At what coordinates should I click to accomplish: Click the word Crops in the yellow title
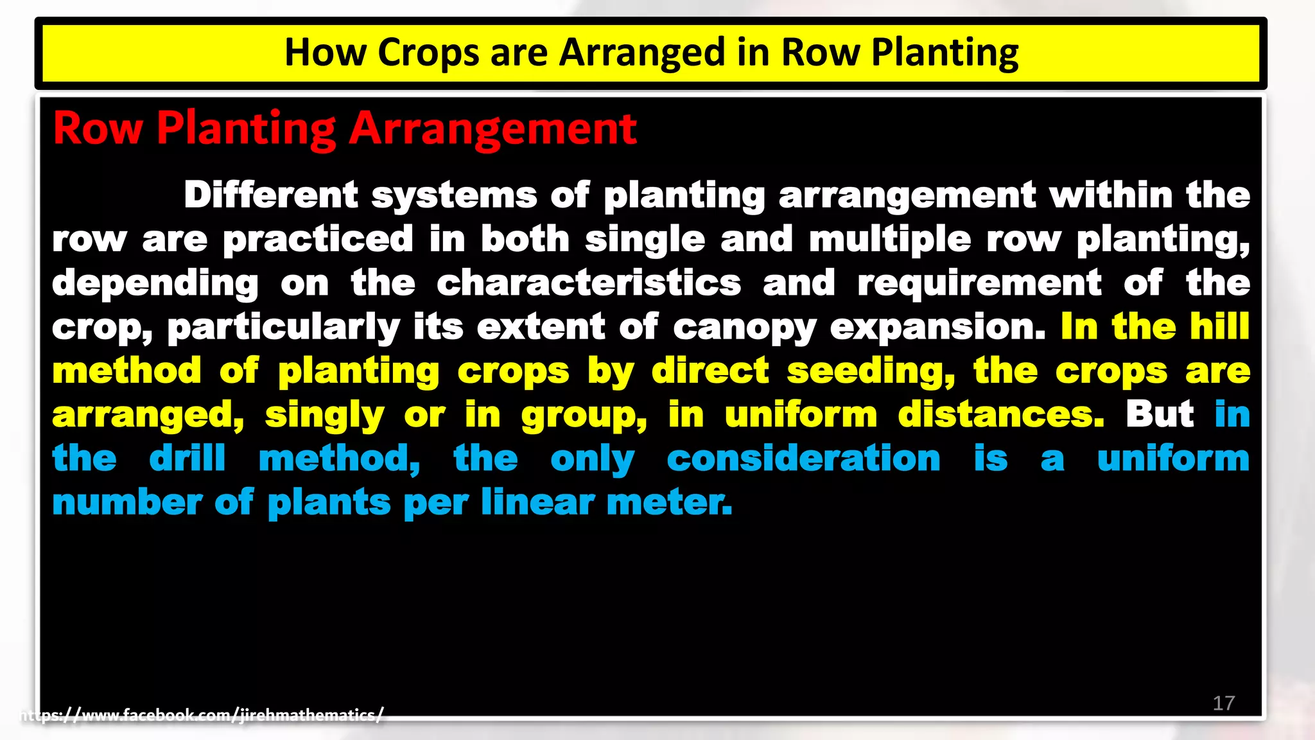(x=428, y=53)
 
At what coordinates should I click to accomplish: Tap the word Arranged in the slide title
(x=641, y=53)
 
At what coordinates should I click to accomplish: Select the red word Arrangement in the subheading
(x=492, y=128)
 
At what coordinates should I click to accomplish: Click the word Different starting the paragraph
(x=271, y=195)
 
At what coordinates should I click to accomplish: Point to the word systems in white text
(x=454, y=195)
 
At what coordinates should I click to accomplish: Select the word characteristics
(x=589, y=283)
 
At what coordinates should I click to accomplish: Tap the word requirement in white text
(x=979, y=283)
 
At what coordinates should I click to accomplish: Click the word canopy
(x=744, y=328)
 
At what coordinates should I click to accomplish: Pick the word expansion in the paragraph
(x=937, y=328)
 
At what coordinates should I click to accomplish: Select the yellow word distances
(x=1001, y=415)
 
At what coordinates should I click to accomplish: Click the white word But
(x=1160, y=415)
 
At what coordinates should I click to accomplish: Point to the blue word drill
(x=187, y=459)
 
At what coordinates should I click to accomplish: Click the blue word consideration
(x=803, y=459)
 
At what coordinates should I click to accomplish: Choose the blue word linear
(x=537, y=502)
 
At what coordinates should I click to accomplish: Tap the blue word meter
(x=669, y=502)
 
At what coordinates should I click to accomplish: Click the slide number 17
(x=1223, y=703)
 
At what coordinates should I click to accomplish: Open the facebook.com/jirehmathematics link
(x=202, y=715)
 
